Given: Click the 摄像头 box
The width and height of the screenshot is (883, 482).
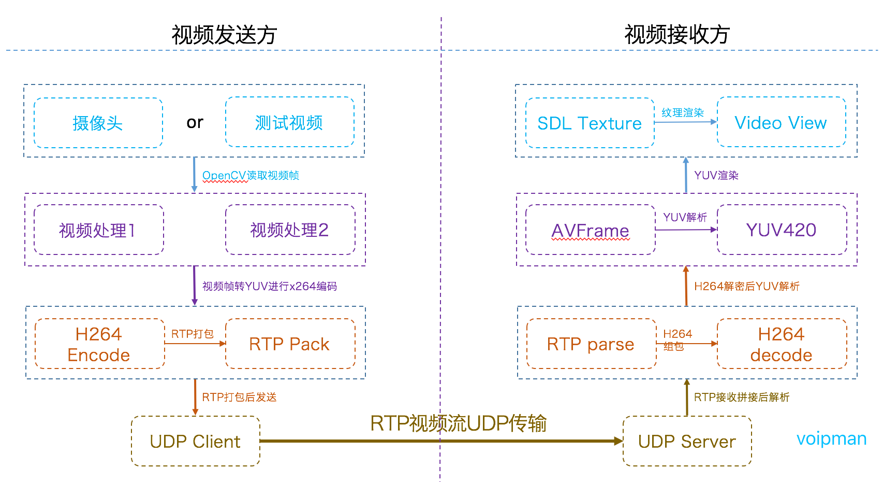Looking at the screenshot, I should point(98,123).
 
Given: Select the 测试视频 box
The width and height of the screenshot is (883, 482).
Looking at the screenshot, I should point(289,122).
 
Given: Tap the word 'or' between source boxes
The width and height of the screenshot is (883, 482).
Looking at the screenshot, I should point(195,122).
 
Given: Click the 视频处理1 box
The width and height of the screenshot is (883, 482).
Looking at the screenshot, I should point(98,230).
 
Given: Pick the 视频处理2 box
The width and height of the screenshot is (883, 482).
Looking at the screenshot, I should point(290,230).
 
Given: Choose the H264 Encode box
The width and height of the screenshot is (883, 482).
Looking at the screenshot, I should point(99,344).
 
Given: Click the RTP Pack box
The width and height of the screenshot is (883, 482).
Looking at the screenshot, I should point(290,344).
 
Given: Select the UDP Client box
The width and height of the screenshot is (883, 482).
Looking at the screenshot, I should point(195,441).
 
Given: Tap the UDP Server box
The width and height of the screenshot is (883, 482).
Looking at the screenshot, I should point(687,441).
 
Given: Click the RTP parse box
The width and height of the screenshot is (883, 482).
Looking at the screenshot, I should point(591,344).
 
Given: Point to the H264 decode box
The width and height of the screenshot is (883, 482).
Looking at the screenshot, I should point(782,344).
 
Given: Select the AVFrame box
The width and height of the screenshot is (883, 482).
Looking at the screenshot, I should point(591,230).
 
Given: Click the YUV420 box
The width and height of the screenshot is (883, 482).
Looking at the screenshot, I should point(782,230).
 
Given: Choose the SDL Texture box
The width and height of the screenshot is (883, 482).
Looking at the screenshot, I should point(590,123).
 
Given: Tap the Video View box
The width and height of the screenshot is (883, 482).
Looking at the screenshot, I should point(781,122).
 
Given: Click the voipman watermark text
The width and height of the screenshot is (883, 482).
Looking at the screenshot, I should point(831,439).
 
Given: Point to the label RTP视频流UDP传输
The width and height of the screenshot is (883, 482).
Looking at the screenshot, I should point(458,423).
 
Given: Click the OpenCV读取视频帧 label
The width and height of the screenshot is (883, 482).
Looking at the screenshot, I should point(251,176).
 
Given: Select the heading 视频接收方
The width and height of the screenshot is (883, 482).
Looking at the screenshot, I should point(677,35).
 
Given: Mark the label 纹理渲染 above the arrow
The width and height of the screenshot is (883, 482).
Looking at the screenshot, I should point(683,112).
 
